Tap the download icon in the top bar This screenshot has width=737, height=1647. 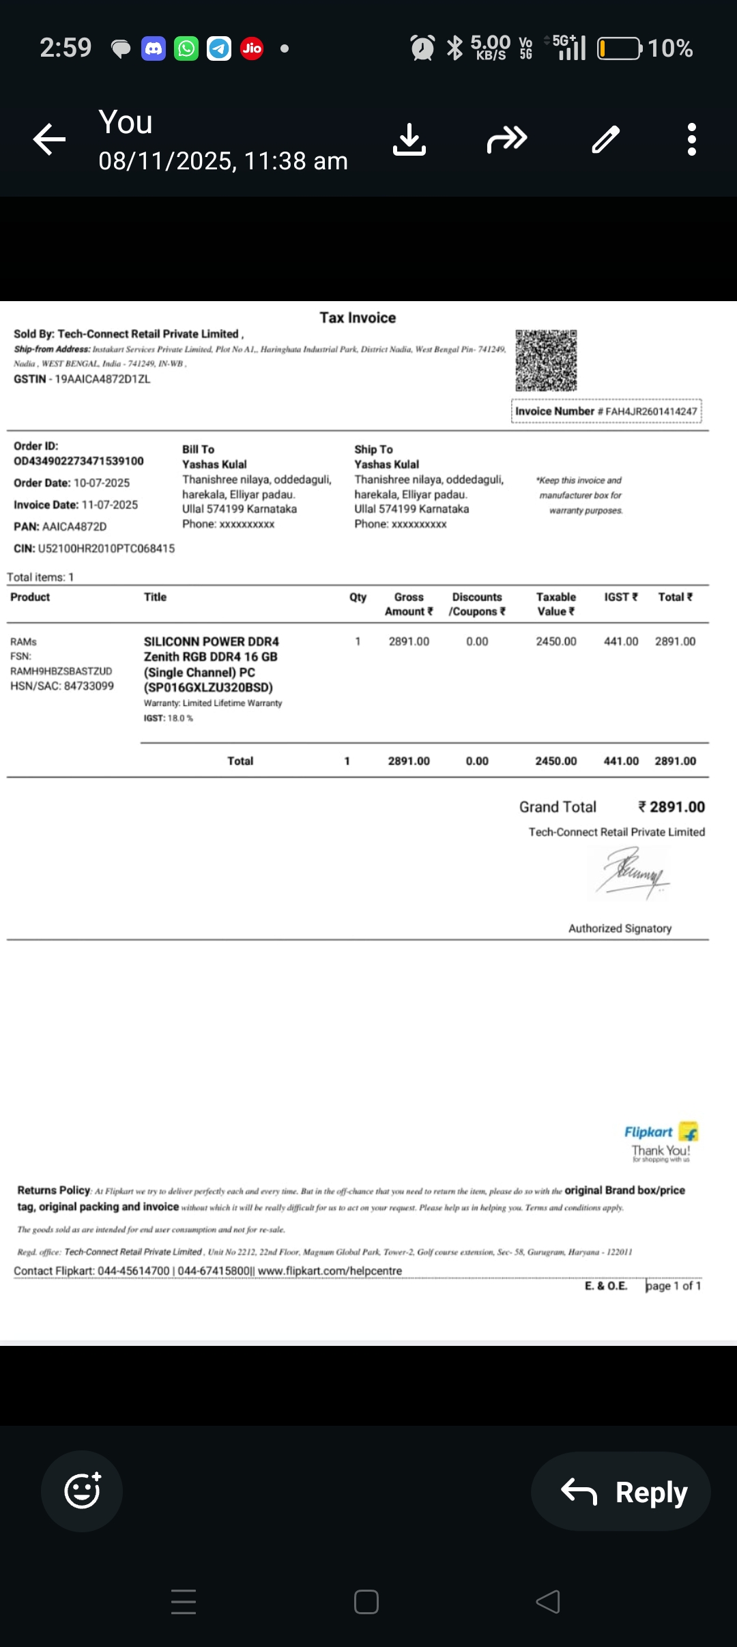click(409, 139)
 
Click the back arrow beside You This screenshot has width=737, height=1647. click(50, 139)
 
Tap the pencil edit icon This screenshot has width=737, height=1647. click(605, 139)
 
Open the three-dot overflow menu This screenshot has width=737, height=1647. click(691, 139)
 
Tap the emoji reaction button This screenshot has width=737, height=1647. click(82, 1491)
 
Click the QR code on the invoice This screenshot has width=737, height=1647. click(546, 360)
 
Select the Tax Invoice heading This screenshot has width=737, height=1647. click(358, 318)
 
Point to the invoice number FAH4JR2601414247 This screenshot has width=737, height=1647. click(651, 411)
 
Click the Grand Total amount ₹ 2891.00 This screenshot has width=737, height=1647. click(671, 806)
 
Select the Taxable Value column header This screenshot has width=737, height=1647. click(555, 604)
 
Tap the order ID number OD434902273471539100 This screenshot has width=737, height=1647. click(78, 461)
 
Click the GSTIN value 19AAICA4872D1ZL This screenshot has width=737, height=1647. click(102, 379)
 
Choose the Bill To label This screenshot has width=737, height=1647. click(198, 449)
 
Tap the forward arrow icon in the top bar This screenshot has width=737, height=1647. click(507, 139)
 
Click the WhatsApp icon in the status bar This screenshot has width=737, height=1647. click(186, 48)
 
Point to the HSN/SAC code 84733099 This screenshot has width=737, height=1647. click(89, 686)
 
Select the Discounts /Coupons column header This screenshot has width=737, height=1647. click(477, 604)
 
